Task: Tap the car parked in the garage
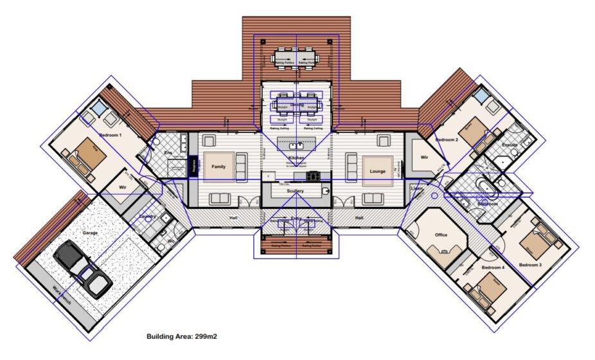(x=83, y=269)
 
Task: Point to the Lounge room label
(x=377, y=171)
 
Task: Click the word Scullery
(x=296, y=191)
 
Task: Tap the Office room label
(x=441, y=235)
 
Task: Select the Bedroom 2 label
(x=447, y=139)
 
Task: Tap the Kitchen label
(x=296, y=157)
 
